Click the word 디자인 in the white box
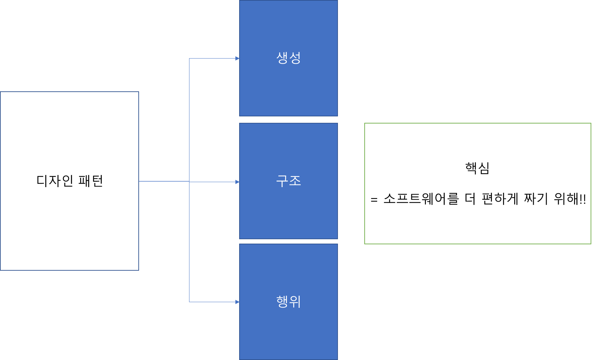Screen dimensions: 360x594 tap(55, 181)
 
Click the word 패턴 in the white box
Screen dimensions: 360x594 tap(91, 181)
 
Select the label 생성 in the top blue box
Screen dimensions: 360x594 tap(289, 58)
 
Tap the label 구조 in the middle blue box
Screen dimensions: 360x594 tap(289, 181)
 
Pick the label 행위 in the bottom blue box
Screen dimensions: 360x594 tap(289, 301)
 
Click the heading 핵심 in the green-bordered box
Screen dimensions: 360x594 tap(477, 168)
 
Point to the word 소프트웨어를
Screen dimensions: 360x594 tap(421, 199)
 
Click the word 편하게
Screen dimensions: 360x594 tap(500, 199)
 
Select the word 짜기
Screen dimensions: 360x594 tap(536, 199)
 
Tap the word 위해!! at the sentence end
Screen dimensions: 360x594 tap(570, 199)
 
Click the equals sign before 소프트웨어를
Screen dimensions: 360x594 tap(374, 200)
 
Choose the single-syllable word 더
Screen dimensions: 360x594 tap(470, 199)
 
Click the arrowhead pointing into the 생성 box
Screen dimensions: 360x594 tap(237, 59)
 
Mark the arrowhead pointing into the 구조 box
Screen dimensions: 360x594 tap(237, 182)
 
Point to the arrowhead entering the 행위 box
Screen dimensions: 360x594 tap(237, 302)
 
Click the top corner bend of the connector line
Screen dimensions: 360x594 tap(189, 59)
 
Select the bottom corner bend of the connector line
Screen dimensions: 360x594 tap(189, 302)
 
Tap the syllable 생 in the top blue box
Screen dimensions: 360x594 tap(282, 58)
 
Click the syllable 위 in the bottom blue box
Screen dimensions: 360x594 tap(295, 301)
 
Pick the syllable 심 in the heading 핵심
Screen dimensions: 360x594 tap(484, 168)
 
